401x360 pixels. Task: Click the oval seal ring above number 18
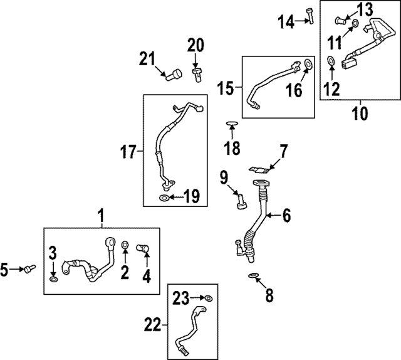(x=231, y=124)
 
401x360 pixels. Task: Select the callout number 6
(x=285, y=216)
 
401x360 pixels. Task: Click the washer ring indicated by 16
(x=308, y=64)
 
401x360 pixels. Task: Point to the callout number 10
(x=360, y=114)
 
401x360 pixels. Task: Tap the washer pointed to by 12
(x=330, y=61)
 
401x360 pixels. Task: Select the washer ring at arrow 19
(x=164, y=198)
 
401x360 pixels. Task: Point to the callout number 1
(x=101, y=216)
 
